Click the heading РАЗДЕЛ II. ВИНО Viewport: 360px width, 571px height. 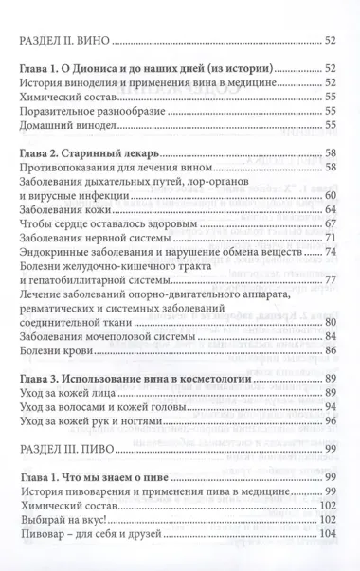tap(65, 42)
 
